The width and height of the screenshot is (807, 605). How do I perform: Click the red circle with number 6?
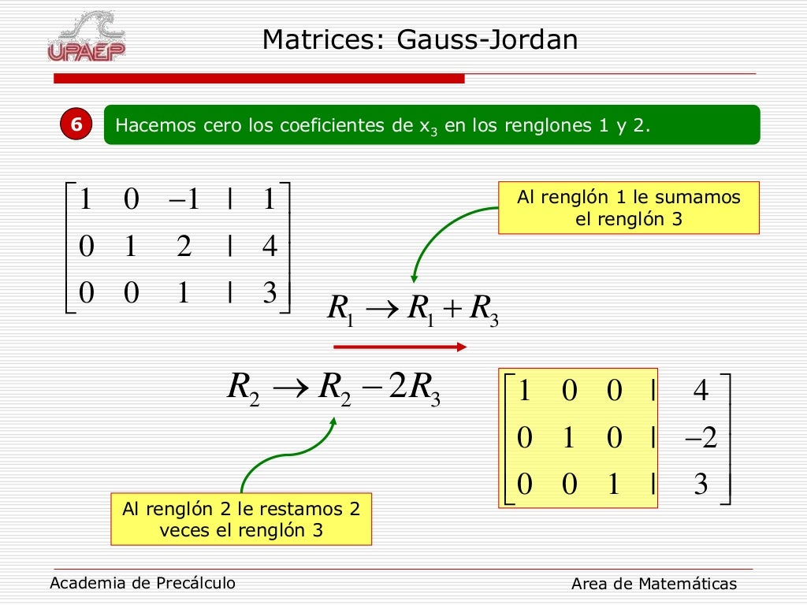click(76, 124)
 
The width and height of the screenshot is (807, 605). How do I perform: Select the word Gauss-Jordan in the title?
click(487, 39)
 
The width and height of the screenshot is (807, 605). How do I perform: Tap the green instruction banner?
click(432, 124)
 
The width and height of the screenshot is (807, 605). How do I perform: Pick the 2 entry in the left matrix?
click(184, 247)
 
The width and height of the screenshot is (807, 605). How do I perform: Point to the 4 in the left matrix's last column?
click(270, 247)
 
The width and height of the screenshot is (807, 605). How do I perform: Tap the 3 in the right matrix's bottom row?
click(701, 484)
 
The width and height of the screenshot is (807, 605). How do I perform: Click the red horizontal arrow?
click(400, 347)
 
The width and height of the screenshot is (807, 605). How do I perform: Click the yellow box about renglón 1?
click(628, 208)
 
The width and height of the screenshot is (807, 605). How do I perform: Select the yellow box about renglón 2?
click(241, 519)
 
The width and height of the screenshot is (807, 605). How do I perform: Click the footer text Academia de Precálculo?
click(143, 583)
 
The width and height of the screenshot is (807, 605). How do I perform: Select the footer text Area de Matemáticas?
click(654, 584)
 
